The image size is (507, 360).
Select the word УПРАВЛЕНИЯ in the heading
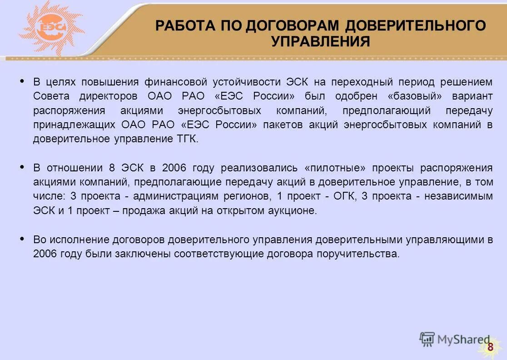click(x=320, y=42)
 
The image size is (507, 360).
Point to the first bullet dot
click(x=22, y=81)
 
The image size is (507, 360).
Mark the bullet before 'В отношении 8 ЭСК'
click(x=22, y=167)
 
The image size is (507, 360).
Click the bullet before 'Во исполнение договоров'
click(x=22, y=238)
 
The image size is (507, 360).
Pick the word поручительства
click(x=359, y=254)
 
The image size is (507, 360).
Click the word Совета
click(x=51, y=96)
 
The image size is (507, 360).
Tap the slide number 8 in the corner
click(x=490, y=348)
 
